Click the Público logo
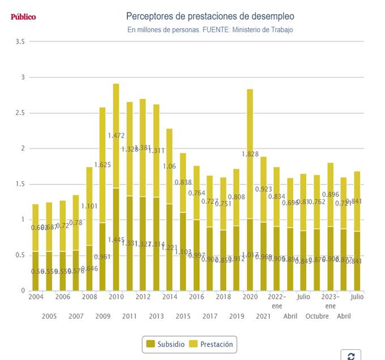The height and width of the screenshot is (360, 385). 23,17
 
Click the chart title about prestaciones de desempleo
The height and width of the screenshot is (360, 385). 210,16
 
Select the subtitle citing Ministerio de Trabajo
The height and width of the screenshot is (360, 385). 210,29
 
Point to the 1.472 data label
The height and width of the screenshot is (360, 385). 116,136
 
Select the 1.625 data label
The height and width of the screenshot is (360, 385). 102,165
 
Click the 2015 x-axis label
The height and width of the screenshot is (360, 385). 183,316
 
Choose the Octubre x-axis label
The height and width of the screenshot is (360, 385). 317,316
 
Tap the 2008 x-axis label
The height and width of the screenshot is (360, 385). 89,297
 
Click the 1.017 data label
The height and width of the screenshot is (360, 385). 250,255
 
